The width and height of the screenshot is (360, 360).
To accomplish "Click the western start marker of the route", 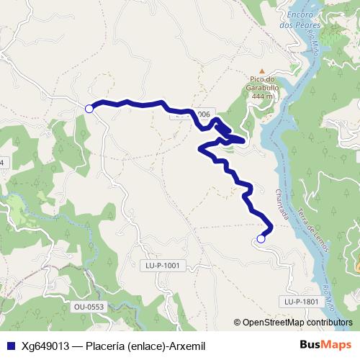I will pyautogui.click(x=89, y=109).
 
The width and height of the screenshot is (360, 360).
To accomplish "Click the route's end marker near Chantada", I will pyautogui.click(x=261, y=238).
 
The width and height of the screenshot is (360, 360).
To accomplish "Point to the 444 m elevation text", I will pyautogui.click(x=260, y=96).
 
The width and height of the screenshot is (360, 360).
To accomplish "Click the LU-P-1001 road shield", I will pyautogui.click(x=161, y=265).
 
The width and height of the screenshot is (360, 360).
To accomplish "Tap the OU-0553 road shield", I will pyautogui.click(x=89, y=307).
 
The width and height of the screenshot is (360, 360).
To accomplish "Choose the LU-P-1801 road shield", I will pyautogui.click(x=301, y=301).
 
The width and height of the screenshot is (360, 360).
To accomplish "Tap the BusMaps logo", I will pyautogui.click(x=323, y=345).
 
